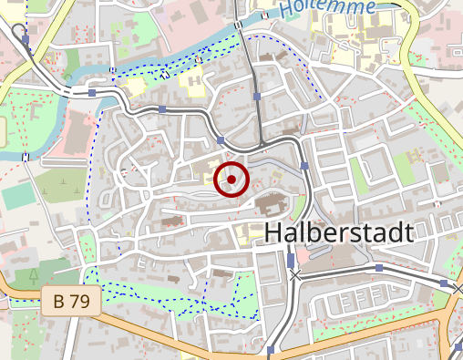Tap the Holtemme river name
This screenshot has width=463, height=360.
click(328, 7)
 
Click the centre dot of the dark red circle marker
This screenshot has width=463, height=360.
click(231, 180)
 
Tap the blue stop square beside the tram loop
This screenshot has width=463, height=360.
click(26, 41)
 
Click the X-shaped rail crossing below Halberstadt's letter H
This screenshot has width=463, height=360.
click(293, 273)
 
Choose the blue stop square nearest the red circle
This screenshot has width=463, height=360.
click(221, 140)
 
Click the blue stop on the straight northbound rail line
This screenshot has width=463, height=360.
click(258, 96)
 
